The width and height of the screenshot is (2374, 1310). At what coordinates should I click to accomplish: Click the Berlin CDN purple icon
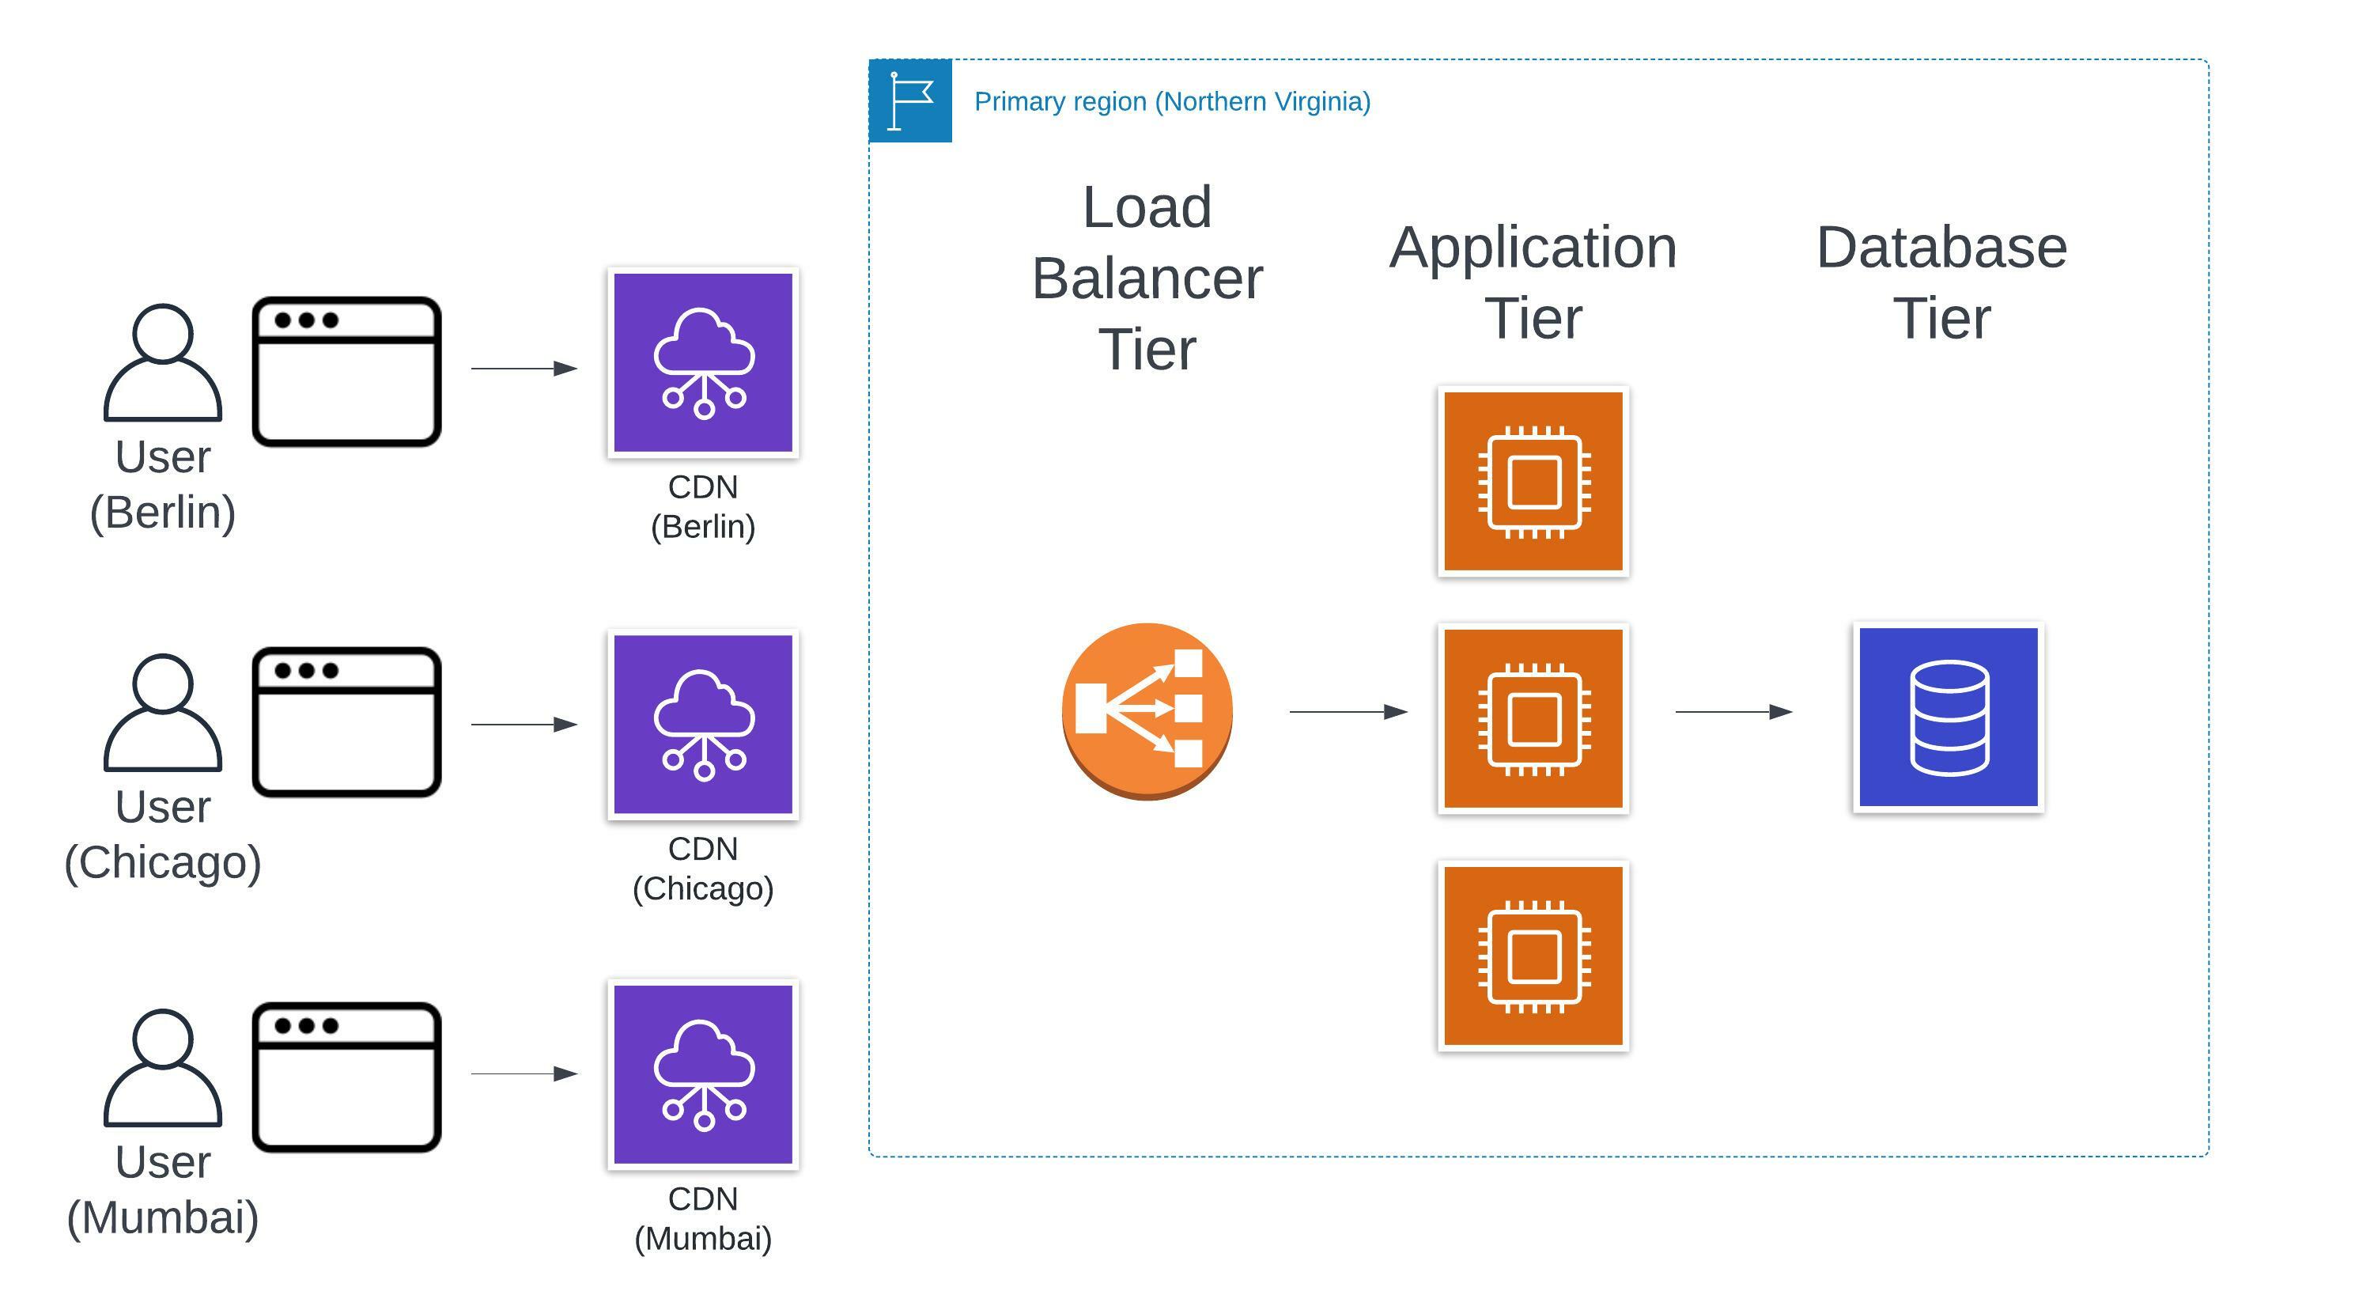click(x=703, y=362)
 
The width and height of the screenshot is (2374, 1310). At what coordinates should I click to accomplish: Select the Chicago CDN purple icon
click(x=703, y=724)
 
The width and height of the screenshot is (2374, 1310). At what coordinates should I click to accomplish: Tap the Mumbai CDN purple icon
click(x=703, y=1074)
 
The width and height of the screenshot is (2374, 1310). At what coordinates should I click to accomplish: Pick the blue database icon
click(x=1949, y=717)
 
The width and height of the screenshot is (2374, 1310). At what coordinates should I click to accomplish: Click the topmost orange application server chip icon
click(x=1533, y=481)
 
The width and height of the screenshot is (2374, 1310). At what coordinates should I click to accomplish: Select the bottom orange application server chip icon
click(x=1533, y=955)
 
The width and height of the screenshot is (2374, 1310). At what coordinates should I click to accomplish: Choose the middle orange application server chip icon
click(x=1533, y=718)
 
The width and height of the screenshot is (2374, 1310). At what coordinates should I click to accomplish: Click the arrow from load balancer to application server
click(x=1348, y=712)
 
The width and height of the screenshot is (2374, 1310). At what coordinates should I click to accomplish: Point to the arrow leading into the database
click(x=1733, y=712)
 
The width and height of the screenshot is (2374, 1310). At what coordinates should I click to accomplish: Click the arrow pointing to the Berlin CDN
click(x=524, y=369)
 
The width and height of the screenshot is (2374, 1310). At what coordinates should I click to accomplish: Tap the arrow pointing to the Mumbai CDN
click(x=524, y=1074)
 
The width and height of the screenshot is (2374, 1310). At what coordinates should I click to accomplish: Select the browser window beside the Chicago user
click(x=346, y=721)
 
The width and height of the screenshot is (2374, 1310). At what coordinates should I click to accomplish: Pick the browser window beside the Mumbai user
click(x=346, y=1077)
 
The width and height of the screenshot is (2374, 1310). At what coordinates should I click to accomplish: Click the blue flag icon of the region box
click(x=910, y=101)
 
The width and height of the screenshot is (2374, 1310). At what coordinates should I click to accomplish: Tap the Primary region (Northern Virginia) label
click(x=1172, y=101)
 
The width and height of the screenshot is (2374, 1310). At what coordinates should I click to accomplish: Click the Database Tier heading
click(x=1941, y=282)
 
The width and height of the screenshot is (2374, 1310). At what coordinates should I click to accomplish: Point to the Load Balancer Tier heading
click(x=1147, y=278)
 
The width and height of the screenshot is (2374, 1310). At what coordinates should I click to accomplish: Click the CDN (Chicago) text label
click(x=703, y=869)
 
